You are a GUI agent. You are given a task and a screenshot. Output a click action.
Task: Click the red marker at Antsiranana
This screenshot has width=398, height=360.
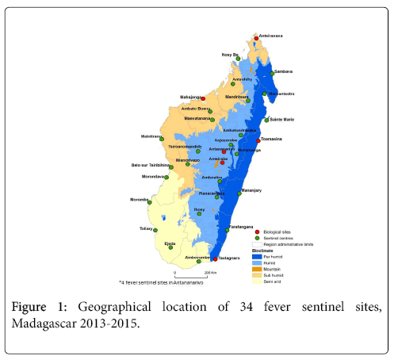[x=256, y=36]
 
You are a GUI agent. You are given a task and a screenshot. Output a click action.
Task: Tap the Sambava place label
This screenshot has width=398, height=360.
[x=284, y=71]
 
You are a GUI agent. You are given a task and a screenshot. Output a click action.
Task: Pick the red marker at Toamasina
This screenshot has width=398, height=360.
[x=258, y=140]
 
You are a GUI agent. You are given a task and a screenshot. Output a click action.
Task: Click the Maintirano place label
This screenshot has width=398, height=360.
[x=151, y=136]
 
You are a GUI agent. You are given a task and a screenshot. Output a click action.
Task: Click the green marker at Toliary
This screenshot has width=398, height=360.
[x=155, y=228]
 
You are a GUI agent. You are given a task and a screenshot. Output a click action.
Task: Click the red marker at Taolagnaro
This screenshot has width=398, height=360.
[x=215, y=259]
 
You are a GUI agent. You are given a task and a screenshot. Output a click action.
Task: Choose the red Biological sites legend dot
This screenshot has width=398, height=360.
[x=258, y=231]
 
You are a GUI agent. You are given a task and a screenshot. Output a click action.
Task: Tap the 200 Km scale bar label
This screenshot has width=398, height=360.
[x=211, y=273]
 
